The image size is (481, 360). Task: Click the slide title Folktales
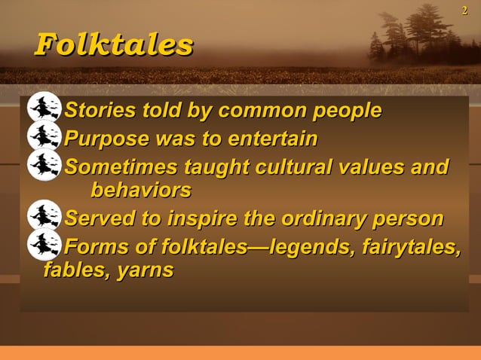[x=114, y=44]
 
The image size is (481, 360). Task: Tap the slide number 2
[x=464, y=9]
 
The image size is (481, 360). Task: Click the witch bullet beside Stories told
[x=44, y=109]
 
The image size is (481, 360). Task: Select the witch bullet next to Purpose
[x=44, y=137]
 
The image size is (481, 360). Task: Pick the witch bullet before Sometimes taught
[x=44, y=165]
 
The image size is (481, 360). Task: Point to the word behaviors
[x=140, y=189]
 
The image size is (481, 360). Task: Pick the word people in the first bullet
[x=345, y=112]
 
